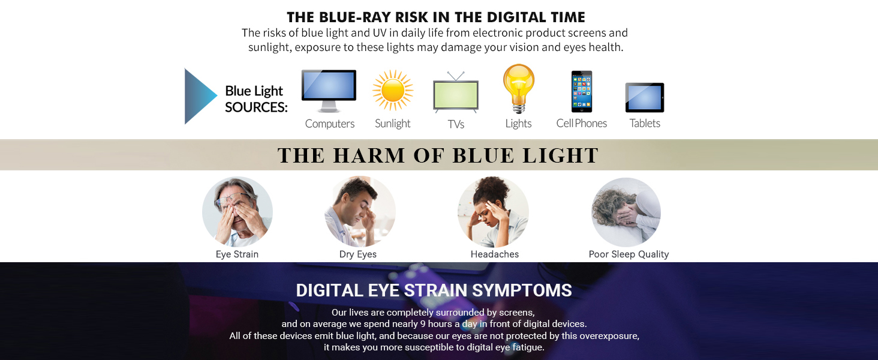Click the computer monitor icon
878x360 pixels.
pos(329,91)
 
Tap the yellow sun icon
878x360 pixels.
pos(393,91)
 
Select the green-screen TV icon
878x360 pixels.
pos(456,94)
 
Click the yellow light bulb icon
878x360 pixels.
pos(519,88)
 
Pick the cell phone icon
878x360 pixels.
pos(581,91)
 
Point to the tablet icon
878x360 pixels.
pos(645,97)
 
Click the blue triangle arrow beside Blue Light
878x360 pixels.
pos(199,96)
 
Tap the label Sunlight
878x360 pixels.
pos(393,124)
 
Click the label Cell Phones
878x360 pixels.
pos(581,123)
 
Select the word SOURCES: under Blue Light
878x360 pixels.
pos(256,107)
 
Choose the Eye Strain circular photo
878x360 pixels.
pos(237,212)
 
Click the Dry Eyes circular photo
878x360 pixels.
pos(360,212)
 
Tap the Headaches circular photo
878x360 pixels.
pos(493,212)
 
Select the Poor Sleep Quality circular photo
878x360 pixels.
pos(626,212)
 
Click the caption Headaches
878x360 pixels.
pos(494,254)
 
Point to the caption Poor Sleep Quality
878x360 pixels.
pos(629,254)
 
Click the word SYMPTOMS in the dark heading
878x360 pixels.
pos(522,290)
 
